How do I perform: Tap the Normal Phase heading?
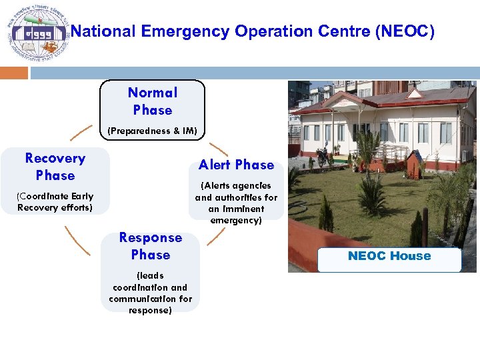click(153, 101)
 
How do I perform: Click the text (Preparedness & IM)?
click(153, 131)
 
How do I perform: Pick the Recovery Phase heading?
click(55, 167)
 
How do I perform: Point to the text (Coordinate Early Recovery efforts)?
click(55, 202)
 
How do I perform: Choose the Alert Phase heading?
click(236, 165)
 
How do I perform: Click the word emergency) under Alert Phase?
click(236, 220)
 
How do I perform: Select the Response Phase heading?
click(151, 246)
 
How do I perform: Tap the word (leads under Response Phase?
click(150, 275)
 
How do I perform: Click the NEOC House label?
click(389, 256)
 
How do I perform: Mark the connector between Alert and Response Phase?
click(216, 237)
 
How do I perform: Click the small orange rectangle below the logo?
click(14, 73)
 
